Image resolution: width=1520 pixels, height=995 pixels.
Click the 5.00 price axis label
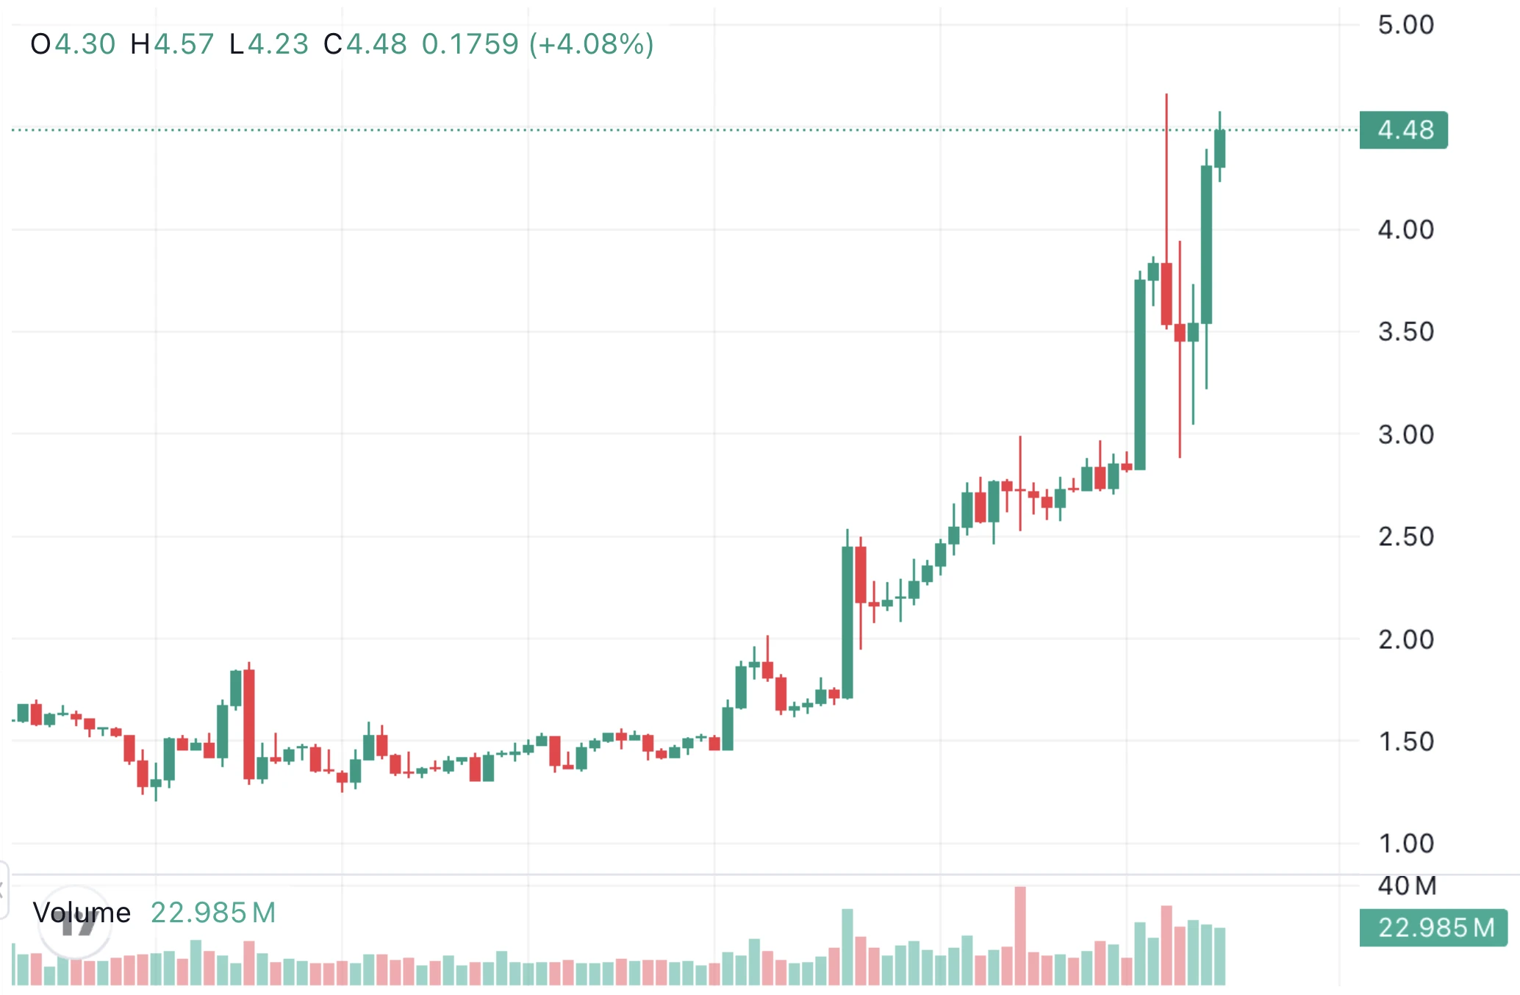coord(1405,25)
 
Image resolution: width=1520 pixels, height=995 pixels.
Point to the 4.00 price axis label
coord(1405,230)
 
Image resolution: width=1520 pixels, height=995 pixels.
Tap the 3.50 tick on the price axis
coord(1405,332)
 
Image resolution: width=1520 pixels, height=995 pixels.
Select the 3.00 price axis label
coord(1405,435)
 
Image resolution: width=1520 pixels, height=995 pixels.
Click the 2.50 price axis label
coord(1405,537)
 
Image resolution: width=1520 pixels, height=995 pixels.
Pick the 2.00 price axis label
coord(1405,640)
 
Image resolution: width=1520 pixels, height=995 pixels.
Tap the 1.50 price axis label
coord(1405,742)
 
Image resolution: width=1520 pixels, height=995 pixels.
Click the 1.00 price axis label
coord(1405,844)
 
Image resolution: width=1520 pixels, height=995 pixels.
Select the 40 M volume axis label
coord(1407,886)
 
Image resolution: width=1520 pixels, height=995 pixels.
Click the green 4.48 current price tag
coord(1404,130)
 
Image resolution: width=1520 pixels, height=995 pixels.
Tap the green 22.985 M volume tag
coord(1433,928)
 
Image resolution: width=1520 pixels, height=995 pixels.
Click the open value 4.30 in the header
coord(85,45)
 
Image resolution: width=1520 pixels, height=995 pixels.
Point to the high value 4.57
coord(184,45)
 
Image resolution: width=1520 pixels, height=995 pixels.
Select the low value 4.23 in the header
coord(278,45)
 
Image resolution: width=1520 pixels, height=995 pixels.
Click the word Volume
coord(82,913)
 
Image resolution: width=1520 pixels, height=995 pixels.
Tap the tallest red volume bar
coord(1020,935)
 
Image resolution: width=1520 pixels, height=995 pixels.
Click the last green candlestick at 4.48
coord(1219,148)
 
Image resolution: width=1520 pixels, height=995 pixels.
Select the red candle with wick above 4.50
coord(1166,294)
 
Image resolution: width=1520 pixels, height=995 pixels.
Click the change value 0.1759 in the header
coord(470,45)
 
